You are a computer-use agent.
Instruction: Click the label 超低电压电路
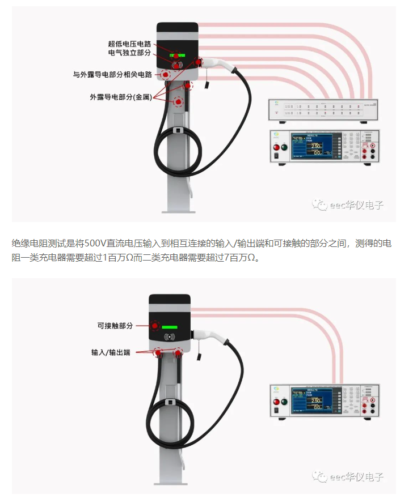[x=130, y=44]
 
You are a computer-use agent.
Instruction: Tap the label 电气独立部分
[x=130, y=53]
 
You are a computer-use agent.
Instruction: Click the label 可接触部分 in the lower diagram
[x=115, y=326]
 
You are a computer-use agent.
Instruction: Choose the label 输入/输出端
[x=111, y=352]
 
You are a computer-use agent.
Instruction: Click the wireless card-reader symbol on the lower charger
[x=169, y=337]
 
